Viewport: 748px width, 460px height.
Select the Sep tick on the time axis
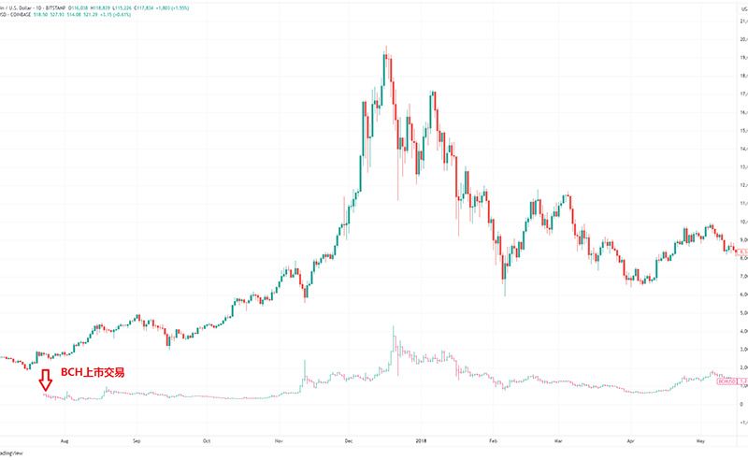click(137, 436)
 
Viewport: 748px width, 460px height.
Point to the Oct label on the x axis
click(207, 436)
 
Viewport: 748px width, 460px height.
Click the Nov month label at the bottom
click(279, 436)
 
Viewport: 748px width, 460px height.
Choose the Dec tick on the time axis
click(348, 436)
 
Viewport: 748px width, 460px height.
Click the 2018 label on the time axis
click(421, 436)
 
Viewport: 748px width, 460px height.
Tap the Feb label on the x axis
click(492, 436)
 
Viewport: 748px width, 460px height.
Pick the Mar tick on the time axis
click(559, 436)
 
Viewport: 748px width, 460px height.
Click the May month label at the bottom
click(700, 436)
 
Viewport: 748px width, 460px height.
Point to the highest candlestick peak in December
click(386, 47)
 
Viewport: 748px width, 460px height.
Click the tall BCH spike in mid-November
click(305, 363)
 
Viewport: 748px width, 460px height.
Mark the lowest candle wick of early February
click(505, 295)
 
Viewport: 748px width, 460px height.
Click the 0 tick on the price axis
click(741, 404)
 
